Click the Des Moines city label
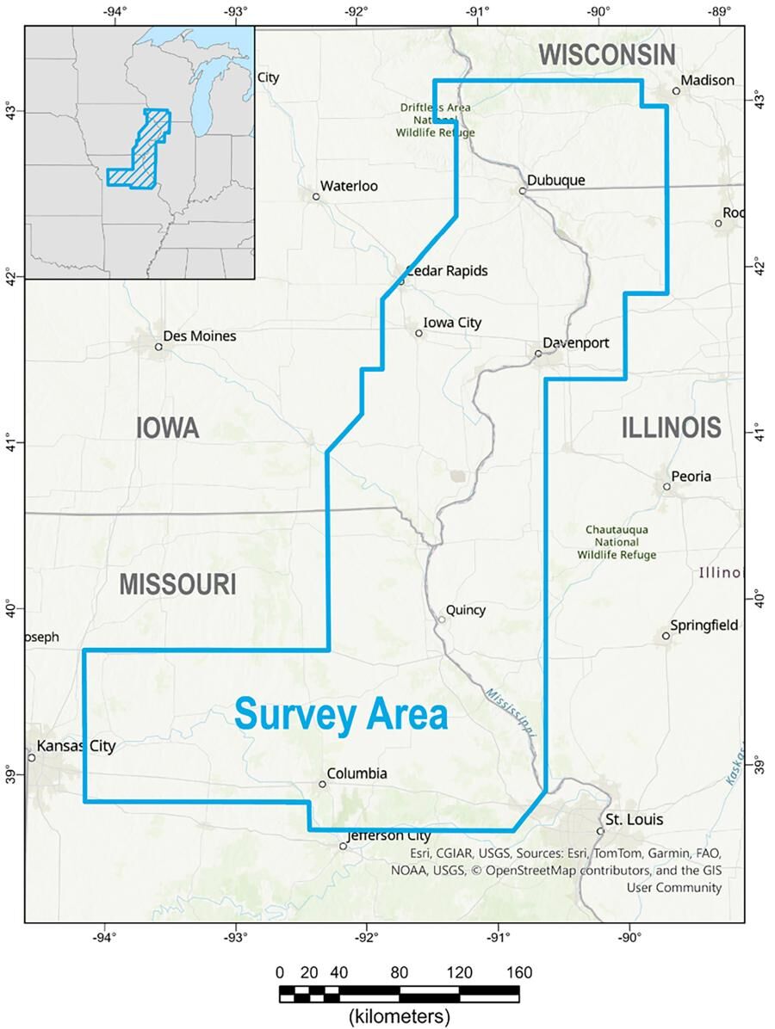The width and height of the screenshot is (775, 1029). pos(199,336)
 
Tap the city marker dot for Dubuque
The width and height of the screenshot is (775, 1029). pos(522,191)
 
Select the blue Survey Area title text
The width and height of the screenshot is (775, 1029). pos(341,715)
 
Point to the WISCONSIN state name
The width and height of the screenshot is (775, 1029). pos(607,53)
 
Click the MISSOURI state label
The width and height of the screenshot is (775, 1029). pos(177,585)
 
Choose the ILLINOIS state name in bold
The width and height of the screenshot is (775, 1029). pos(672,427)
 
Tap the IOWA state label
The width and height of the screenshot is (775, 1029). pos(168,428)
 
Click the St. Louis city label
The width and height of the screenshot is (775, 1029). pos(634,819)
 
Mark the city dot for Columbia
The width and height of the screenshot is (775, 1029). pos(323,784)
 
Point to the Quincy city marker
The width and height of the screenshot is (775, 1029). pos(442,619)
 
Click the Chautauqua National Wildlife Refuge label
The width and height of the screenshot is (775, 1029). pos(617,542)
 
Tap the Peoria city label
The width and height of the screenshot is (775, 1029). pos(693,476)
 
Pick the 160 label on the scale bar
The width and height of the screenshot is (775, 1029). pos(519,973)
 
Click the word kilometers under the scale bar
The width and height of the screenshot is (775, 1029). pos(399,1016)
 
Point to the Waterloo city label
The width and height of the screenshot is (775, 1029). pos(349,186)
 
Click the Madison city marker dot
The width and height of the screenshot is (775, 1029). pos(676,90)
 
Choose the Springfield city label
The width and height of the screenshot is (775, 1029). pos(705,625)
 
